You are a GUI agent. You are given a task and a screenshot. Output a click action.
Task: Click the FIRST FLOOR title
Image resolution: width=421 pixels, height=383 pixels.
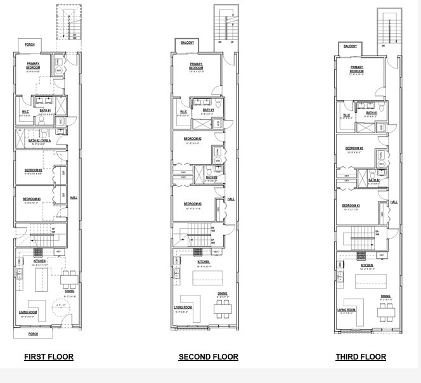[49, 357]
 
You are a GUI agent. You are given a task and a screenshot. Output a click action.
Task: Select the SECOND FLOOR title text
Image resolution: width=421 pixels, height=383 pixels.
[208, 357]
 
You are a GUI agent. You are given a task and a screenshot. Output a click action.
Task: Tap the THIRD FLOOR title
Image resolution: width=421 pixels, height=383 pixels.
[360, 357]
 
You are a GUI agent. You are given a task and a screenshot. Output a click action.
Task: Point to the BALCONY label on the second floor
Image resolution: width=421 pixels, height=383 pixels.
[188, 43]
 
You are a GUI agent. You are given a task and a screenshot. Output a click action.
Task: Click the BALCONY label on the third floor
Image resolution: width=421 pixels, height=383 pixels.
[350, 46]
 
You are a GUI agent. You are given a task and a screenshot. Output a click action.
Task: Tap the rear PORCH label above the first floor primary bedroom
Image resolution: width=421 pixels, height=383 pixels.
[30, 45]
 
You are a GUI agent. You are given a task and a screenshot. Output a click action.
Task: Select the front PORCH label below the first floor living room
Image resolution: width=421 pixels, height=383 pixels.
[32, 334]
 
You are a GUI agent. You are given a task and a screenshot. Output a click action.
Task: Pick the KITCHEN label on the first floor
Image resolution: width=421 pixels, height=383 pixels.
[39, 261]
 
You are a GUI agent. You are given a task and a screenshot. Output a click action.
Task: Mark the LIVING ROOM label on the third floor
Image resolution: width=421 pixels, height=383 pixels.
[346, 309]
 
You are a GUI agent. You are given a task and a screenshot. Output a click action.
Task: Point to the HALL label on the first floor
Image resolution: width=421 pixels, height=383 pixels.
[73, 197]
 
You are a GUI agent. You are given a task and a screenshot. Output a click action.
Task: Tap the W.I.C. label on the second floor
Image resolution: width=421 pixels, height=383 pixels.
[183, 112]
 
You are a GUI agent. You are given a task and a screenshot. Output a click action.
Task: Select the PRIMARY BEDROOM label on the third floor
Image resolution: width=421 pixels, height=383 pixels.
[357, 68]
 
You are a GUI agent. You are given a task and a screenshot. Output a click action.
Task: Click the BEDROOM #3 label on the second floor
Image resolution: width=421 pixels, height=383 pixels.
[193, 204]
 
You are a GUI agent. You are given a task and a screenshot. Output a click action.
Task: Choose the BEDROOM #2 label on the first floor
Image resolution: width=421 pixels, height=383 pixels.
[33, 170]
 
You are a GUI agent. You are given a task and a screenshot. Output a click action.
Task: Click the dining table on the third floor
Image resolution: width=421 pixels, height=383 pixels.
[385, 311]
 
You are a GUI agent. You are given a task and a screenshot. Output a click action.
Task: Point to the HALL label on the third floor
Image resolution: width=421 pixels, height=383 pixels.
[394, 202]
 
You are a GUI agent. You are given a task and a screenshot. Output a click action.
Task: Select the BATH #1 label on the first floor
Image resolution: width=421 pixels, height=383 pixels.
[44, 111]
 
